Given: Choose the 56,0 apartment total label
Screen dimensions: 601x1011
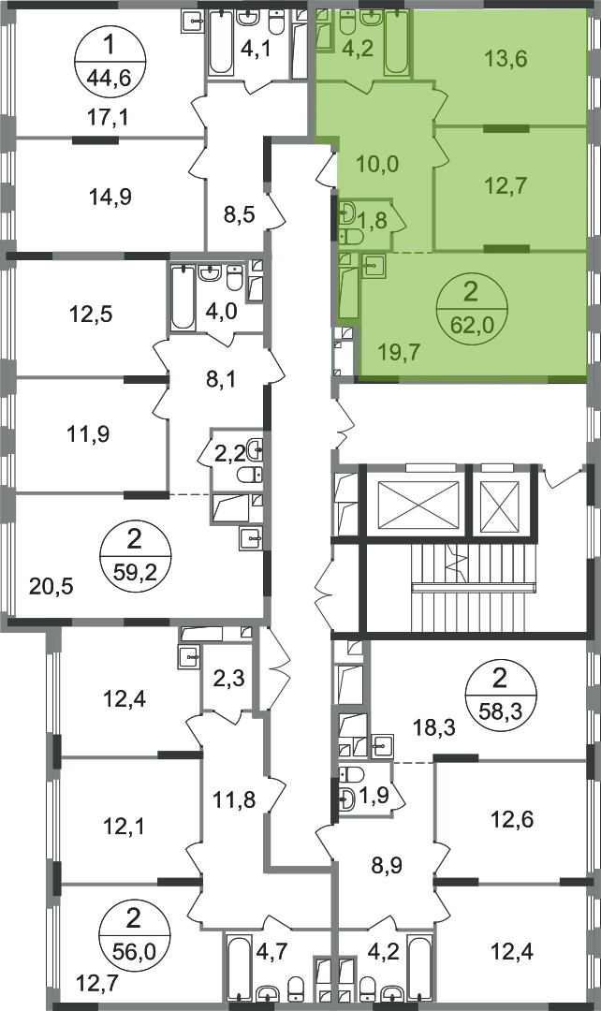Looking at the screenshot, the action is [x=134, y=948].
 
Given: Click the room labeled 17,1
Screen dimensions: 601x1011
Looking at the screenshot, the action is [x=108, y=117].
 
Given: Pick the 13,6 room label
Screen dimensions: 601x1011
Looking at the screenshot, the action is [x=506, y=59].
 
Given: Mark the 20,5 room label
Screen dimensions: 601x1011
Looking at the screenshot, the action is [x=51, y=586].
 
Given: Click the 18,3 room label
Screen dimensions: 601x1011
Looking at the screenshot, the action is [x=434, y=727].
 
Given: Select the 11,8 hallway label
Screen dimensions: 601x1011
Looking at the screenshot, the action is [x=234, y=800].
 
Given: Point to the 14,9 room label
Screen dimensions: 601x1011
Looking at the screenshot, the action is [x=110, y=197].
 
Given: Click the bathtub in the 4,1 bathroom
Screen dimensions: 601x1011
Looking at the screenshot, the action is [x=220, y=42].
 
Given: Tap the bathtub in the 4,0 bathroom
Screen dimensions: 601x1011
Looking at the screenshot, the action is [x=183, y=299].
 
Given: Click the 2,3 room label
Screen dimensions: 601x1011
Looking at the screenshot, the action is [x=229, y=679].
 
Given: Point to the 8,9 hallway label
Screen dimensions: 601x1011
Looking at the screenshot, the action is [x=388, y=865].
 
